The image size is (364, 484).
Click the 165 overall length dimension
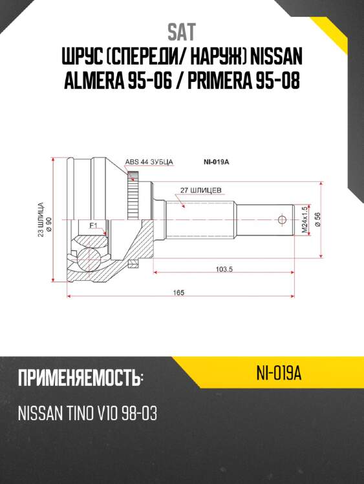click(179, 292)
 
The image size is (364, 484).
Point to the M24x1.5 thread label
click(303, 219)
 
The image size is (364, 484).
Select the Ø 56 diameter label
click(317, 219)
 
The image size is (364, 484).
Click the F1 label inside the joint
click(93, 225)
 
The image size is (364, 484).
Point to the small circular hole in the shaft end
click(282, 219)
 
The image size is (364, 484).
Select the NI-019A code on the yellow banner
click(279, 373)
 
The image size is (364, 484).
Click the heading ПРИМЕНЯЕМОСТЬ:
click(80, 378)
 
